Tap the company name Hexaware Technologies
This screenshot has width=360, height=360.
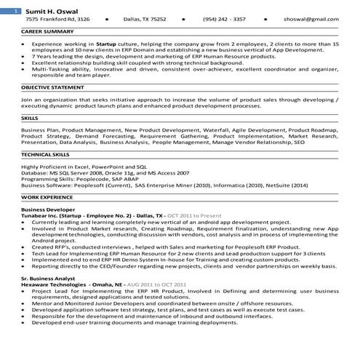coord(55,285)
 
